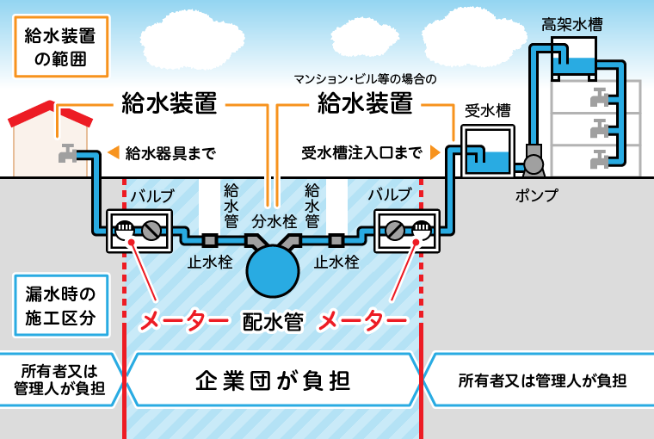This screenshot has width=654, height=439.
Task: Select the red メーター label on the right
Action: pos(362,322)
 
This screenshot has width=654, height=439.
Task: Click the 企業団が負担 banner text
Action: pos(274,380)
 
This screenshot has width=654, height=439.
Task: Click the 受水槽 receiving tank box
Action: pos(486,151)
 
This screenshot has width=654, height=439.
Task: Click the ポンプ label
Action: pos(535,195)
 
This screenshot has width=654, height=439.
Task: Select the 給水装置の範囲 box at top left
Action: pos(60,47)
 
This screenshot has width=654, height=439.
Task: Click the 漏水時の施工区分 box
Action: pos(60,306)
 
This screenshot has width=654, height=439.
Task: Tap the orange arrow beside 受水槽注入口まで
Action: pos(435,153)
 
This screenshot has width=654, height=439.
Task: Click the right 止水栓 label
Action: pos(336,262)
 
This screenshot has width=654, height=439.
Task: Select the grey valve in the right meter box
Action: pos(395,231)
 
